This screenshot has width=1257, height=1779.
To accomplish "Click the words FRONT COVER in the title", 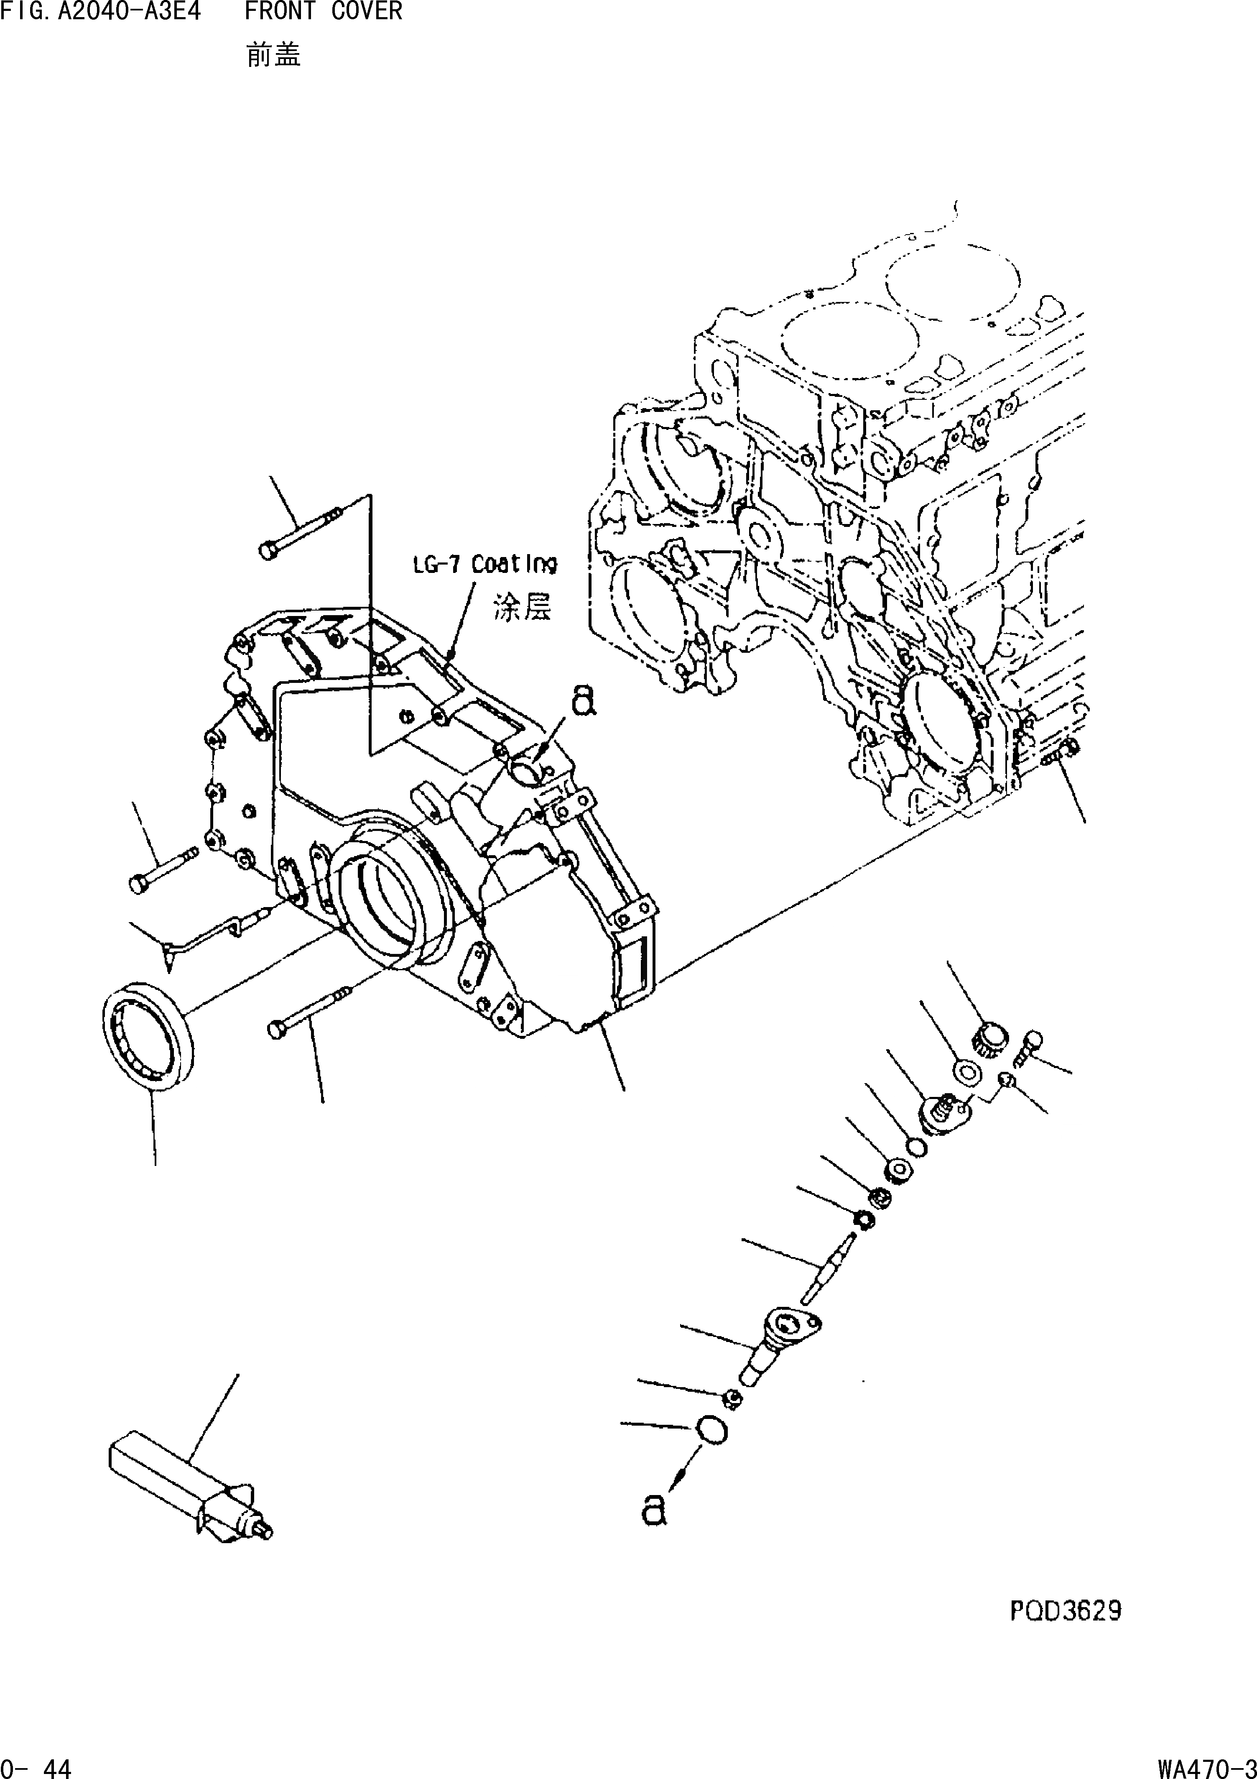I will [x=323, y=12].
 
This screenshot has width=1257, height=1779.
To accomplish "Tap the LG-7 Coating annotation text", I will [x=483, y=564].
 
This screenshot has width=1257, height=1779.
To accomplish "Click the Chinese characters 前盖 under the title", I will [x=273, y=56].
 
